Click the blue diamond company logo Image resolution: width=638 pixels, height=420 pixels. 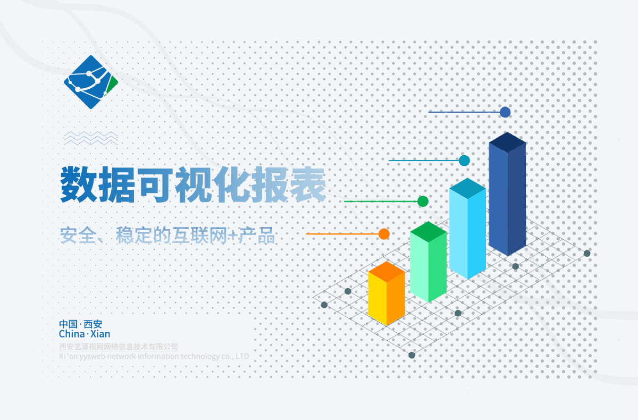coord(90,82)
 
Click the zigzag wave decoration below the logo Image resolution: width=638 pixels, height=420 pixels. coord(91,138)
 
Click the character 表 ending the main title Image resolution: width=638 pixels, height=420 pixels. coord(308,184)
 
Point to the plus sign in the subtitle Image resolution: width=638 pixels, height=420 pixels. coord(233,235)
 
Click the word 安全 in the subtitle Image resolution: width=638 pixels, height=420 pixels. coord(78,235)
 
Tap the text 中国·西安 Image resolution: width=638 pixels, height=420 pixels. coord(81,324)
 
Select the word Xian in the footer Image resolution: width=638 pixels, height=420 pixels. coord(100,334)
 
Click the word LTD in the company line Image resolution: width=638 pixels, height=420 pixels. coord(242,356)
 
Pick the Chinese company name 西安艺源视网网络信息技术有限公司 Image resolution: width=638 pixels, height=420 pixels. coord(119,347)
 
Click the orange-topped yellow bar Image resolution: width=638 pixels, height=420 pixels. coord(387,293)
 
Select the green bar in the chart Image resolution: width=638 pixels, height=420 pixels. coord(429,262)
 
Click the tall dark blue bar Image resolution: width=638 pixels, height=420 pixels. coord(507,194)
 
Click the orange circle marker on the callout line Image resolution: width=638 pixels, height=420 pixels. coord(384,234)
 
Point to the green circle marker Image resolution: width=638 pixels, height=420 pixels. coord(423,201)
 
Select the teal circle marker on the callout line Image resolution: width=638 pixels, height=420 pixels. coord(464,161)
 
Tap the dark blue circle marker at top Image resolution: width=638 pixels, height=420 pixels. coord(505,112)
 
